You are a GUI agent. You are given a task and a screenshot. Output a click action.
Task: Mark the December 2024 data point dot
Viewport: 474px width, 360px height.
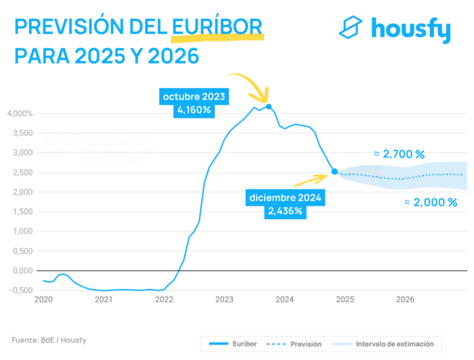[335, 172]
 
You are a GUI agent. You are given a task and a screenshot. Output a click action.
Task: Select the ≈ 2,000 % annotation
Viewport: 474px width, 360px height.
[431, 202]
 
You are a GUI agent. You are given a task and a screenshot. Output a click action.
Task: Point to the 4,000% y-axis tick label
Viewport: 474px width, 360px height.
[20, 113]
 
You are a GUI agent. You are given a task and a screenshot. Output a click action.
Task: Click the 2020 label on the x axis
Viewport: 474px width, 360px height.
[43, 299]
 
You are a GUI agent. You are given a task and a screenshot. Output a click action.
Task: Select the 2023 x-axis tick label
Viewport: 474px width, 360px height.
[224, 299]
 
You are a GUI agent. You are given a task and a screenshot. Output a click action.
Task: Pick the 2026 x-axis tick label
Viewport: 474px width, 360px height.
[405, 299]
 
